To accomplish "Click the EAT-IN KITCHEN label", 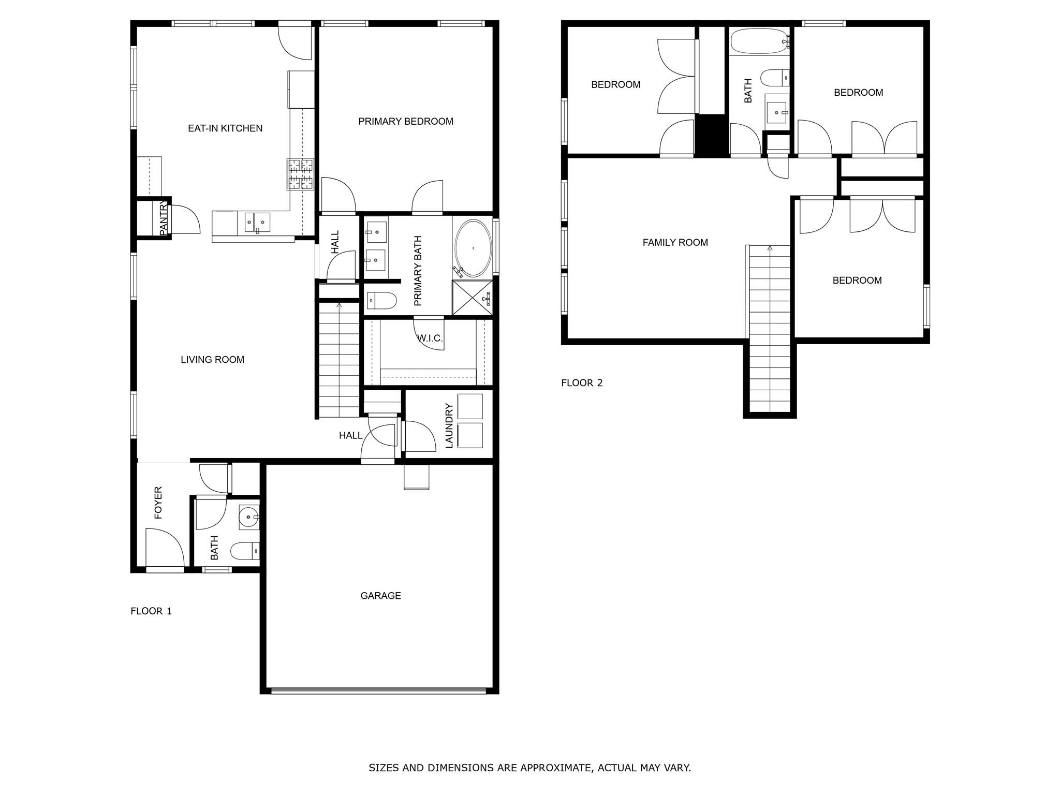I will pyautogui.click(x=225, y=128).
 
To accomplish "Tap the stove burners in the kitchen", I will pyautogui.click(x=301, y=174).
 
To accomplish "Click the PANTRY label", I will pyautogui.click(x=164, y=219).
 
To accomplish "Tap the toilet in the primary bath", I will pyautogui.click(x=382, y=300).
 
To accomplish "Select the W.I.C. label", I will pyautogui.click(x=430, y=338).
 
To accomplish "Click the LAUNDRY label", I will pyautogui.click(x=449, y=425).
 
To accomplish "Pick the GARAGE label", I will pyautogui.click(x=380, y=596).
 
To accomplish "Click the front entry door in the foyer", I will pyautogui.click(x=165, y=549).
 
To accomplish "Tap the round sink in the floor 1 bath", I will pyautogui.click(x=249, y=517).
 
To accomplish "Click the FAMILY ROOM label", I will pyautogui.click(x=675, y=242).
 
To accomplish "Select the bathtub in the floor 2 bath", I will pyautogui.click(x=759, y=41).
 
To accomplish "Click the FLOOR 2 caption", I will pyautogui.click(x=582, y=383).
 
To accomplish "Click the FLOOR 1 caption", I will pyautogui.click(x=151, y=611).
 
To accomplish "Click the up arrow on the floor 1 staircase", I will pyautogui.click(x=339, y=305).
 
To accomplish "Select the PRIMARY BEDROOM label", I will pyautogui.click(x=405, y=121).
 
